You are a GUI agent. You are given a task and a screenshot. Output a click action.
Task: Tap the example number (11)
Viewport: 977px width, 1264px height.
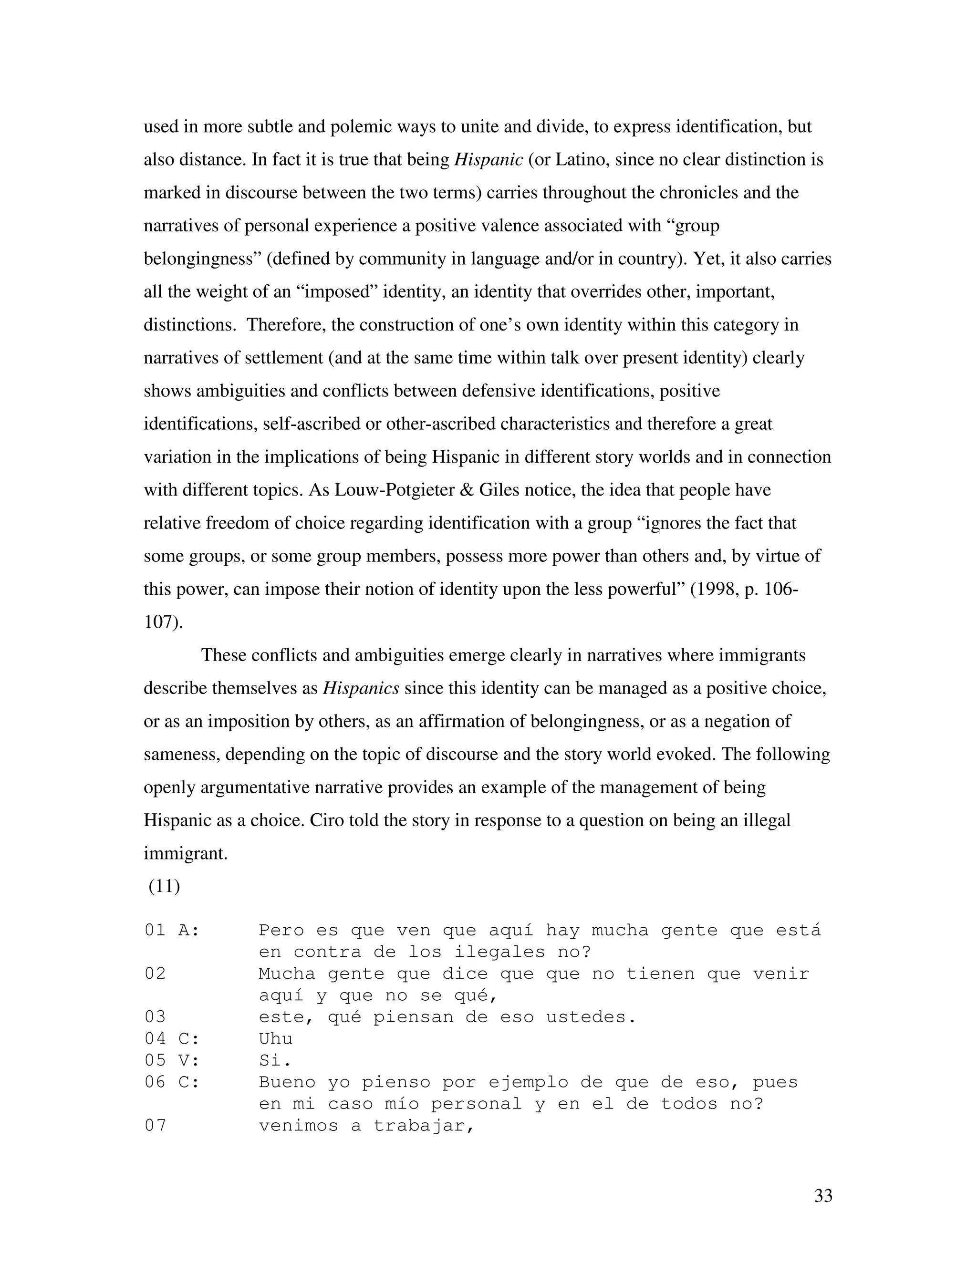point(165,886)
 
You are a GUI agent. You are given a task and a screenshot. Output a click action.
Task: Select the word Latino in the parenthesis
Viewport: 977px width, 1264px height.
point(581,159)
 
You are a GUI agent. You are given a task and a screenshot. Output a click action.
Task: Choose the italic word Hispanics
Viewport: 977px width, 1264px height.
point(361,688)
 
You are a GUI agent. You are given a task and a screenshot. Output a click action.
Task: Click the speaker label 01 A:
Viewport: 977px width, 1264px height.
point(172,930)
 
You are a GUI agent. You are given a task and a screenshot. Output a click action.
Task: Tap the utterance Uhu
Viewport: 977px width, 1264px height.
point(276,1039)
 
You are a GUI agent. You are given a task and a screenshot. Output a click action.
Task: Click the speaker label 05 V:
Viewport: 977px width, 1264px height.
point(172,1060)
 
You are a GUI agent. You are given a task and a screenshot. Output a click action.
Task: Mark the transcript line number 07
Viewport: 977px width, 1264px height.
point(155,1126)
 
